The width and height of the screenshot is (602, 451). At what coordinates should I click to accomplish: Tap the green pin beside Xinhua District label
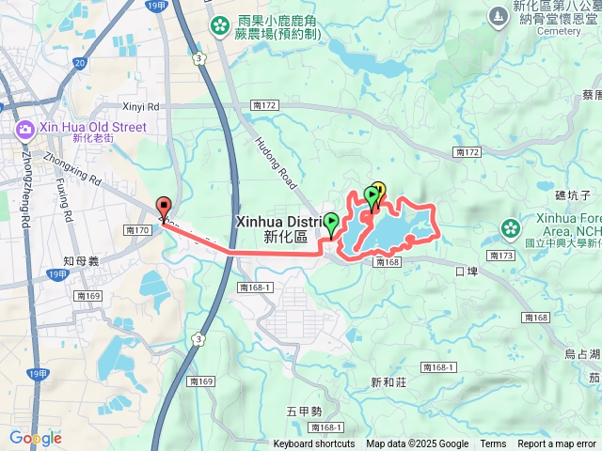click(332, 224)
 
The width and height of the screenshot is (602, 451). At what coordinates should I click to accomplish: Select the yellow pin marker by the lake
click(379, 189)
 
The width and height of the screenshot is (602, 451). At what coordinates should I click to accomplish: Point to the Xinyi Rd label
click(142, 108)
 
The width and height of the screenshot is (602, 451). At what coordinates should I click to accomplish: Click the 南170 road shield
click(137, 229)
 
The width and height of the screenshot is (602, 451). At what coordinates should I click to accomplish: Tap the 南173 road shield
click(502, 256)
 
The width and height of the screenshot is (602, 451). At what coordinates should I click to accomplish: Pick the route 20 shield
click(79, 64)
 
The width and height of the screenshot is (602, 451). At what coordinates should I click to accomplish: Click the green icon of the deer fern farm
click(220, 24)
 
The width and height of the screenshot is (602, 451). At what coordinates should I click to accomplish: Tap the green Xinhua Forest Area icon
click(511, 227)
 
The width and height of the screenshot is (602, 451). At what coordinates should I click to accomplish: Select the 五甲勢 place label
click(305, 411)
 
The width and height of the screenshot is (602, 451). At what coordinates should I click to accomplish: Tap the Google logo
click(35, 438)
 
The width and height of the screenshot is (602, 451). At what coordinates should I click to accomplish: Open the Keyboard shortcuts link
click(314, 444)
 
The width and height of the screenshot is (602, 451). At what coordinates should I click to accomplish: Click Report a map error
click(557, 444)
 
